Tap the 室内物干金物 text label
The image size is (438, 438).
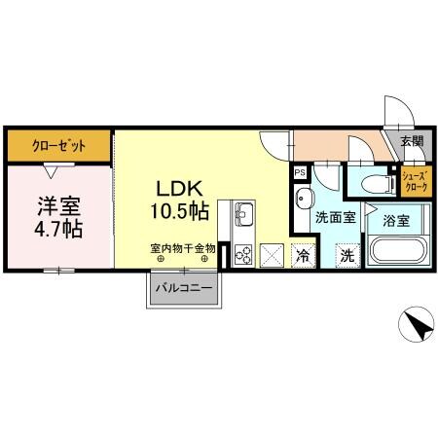click(x=183, y=250)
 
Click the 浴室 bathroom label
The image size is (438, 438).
click(x=395, y=221)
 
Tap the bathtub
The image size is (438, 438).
click(x=394, y=255)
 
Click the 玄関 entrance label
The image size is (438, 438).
click(x=412, y=141)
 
